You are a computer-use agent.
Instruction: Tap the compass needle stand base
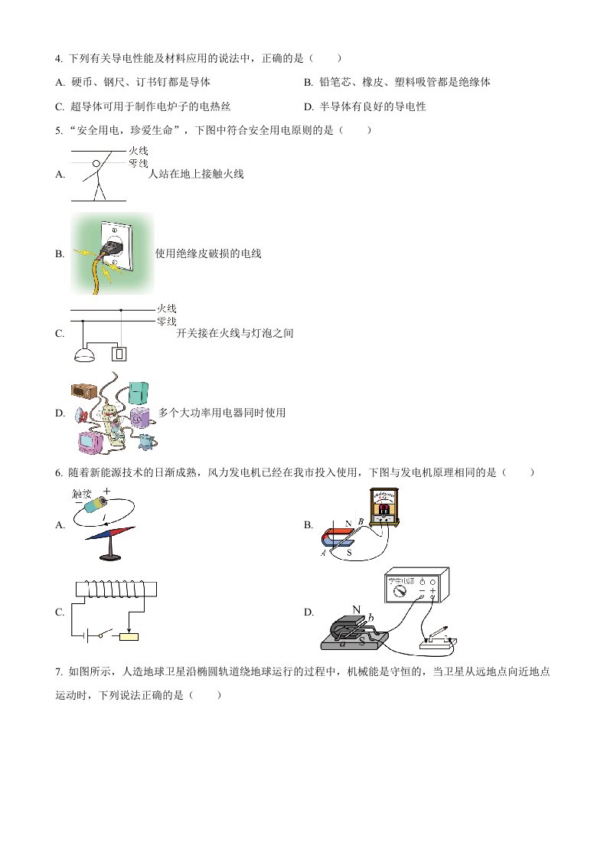[x=110, y=557]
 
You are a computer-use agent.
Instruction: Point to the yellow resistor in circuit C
[x=129, y=636]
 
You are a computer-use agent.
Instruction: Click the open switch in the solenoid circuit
[x=107, y=634]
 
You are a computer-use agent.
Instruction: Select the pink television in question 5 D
[x=90, y=442]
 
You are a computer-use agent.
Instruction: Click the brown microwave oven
[x=84, y=390]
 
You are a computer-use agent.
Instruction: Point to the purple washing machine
[x=139, y=418]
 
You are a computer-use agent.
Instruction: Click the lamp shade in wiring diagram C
[x=84, y=356]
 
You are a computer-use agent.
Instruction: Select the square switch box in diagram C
[x=119, y=354]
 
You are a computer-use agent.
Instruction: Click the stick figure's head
[x=96, y=163]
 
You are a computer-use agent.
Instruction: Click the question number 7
[x=58, y=671]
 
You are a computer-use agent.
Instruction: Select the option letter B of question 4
[x=308, y=82]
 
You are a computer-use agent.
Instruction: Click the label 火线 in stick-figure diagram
[x=139, y=151]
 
